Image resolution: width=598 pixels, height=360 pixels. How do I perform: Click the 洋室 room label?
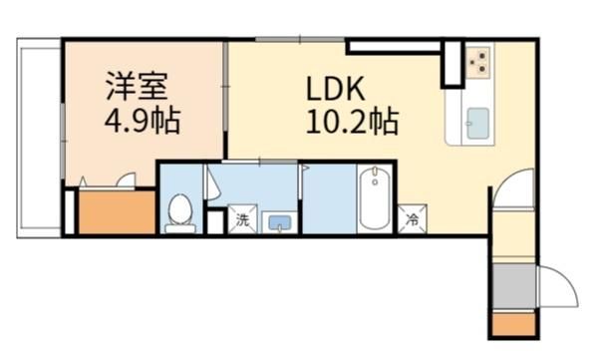137,86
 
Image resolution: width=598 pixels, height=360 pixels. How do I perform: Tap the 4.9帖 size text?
143,120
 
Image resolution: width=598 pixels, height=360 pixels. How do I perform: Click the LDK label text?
336,89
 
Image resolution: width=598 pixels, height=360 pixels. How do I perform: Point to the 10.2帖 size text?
352,122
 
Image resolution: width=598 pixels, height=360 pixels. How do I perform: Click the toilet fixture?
180,213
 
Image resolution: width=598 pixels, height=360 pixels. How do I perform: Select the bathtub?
376,198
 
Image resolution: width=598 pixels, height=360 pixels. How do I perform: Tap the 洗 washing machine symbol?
242,219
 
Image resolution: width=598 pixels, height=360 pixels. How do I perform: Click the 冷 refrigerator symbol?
413,219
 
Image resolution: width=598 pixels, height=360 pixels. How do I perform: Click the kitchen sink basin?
477,124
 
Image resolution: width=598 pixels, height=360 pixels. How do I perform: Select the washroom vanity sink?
280,222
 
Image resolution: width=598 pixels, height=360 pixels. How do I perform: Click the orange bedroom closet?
117,211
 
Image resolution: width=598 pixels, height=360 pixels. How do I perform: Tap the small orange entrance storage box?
513,324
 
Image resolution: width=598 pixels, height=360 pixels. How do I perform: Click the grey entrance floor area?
513,286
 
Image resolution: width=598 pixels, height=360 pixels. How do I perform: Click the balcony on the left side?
39,139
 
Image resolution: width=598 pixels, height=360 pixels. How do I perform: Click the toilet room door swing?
214,183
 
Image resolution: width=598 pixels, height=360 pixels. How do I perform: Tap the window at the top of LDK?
300,39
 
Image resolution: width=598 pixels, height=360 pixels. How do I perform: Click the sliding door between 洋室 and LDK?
226,88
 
